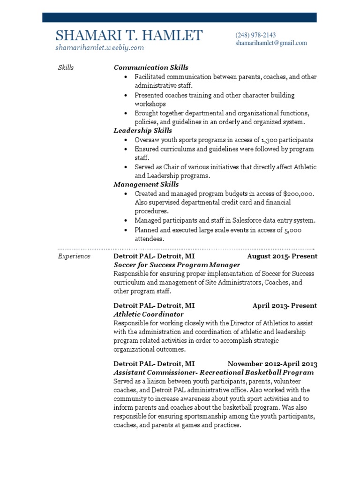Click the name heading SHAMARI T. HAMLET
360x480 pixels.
click(129, 36)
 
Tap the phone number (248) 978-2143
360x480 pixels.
click(255, 35)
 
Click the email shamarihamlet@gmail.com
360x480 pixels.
click(271, 43)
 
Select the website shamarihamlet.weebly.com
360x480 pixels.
click(99, 47)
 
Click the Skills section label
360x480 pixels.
click(66, 67)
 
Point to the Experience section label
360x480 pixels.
click(74, 256)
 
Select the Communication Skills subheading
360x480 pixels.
click(151, 67)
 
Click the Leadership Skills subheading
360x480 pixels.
click(143, 131)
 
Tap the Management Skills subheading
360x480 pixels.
click(146, 185)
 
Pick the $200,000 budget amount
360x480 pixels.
click(298, 194)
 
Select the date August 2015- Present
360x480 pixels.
click(282, 256)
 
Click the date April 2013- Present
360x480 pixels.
click(285, 306)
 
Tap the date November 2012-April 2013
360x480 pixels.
click(272, 364)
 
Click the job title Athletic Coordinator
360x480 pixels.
click(149, 315)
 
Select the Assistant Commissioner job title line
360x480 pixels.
click(214, 373)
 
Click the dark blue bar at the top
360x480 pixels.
click(180, 18)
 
